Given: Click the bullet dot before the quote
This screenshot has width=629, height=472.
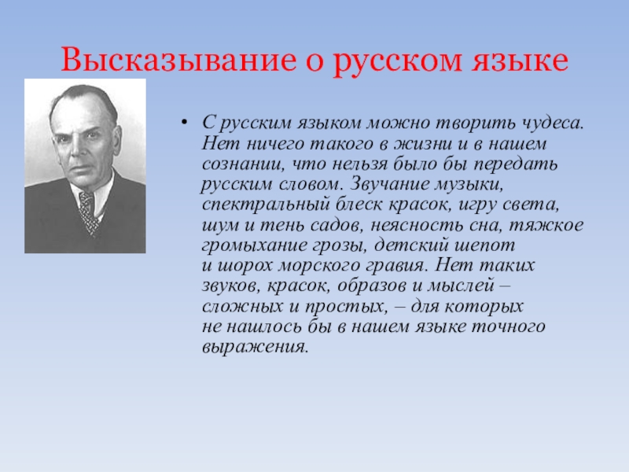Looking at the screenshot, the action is tap(184, 123).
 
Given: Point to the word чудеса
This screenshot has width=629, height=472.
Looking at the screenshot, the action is tap(552, 124).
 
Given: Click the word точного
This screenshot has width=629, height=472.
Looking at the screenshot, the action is tap(507, 327).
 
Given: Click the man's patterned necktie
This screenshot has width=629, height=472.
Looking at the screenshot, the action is tap(88, 211).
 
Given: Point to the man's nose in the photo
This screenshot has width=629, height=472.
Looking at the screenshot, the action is tap(75, 149).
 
